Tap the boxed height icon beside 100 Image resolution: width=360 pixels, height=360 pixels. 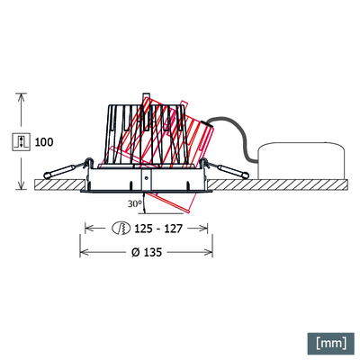click(21, 142)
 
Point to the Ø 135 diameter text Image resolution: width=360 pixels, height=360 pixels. click(148, 252)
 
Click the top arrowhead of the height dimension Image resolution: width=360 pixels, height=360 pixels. click(21, 96)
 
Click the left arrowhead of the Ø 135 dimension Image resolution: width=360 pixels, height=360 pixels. click(85, 252)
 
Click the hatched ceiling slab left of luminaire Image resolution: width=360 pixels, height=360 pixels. click(54, 184)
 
